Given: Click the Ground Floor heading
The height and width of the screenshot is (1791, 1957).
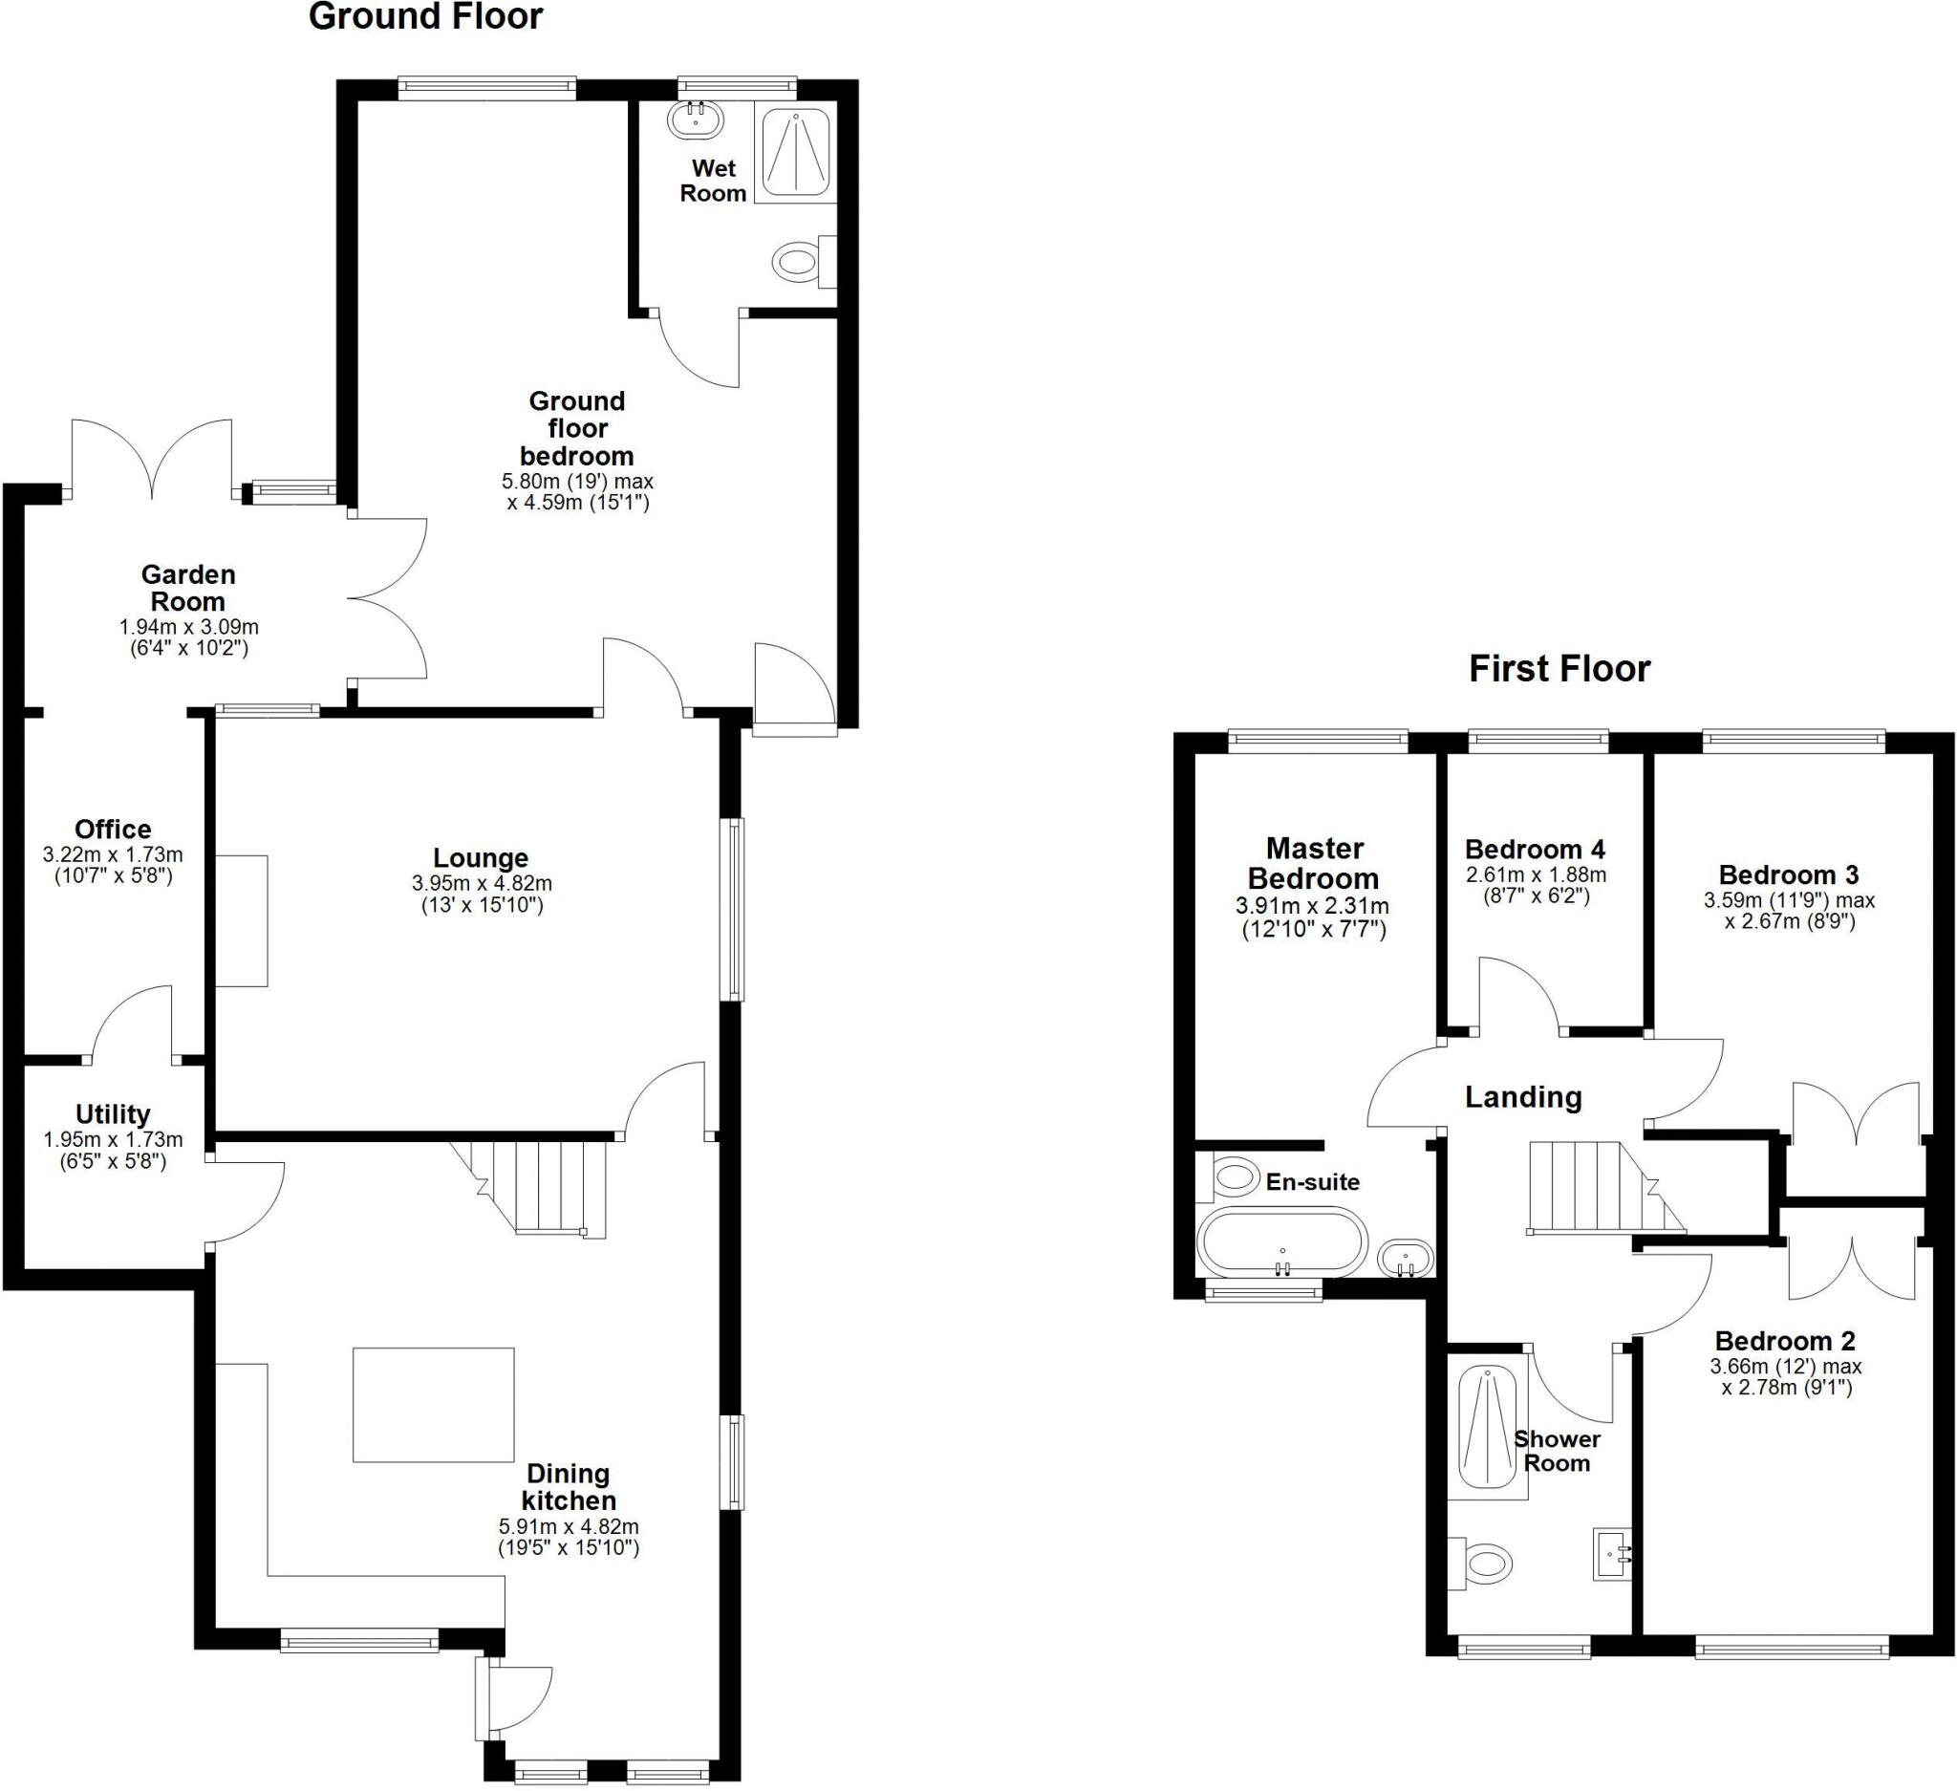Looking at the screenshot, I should tap(425, 16).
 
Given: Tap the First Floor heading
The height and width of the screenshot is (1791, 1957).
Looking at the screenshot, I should tap(1558, 669).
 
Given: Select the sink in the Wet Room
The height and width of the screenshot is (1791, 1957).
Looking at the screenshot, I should tap(695, 120).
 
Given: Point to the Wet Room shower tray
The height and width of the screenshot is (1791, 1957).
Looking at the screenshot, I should tap(796, 154).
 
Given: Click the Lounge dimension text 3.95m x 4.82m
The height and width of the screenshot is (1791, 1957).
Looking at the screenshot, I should tap(482, 883).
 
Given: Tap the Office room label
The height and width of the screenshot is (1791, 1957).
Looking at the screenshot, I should tap(113, 829).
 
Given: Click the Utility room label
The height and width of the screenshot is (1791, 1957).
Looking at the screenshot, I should tap(113, 1113).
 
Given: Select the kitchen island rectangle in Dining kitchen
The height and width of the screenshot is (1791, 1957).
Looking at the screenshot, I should tap(433, 1405).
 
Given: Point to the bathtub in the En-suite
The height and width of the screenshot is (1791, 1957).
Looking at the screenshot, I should tap(1281, 1240).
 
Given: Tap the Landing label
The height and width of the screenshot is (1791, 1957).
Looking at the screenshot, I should tap(1522, 1097).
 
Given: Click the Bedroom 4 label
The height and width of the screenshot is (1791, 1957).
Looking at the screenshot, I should tap(1535, 849).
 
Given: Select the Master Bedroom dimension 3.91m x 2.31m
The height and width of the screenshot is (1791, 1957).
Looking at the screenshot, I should tap(1312, 907).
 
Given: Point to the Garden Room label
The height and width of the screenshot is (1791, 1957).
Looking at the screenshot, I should tap(188, 588).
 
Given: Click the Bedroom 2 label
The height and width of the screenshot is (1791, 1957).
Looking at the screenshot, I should tap(1784, 1341).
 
